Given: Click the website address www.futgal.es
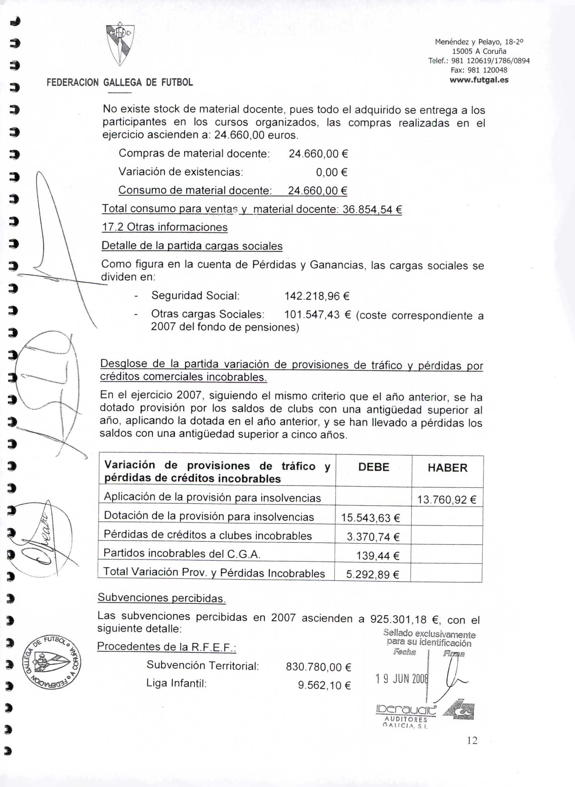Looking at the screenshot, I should tap(479, 80).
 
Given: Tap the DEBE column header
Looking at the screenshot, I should tap(373, 467).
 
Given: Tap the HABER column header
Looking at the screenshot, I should tap(447, 468).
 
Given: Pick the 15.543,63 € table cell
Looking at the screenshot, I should tap(370, 518).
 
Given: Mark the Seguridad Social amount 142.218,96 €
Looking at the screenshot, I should tap(317, 296).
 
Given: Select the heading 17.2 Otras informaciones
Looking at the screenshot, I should tap(165, 227).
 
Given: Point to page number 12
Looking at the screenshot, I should tap(472, 740).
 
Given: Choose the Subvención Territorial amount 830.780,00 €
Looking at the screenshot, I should tap(319, 667).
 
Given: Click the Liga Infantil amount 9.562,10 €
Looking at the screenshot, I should tap(324, 685).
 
